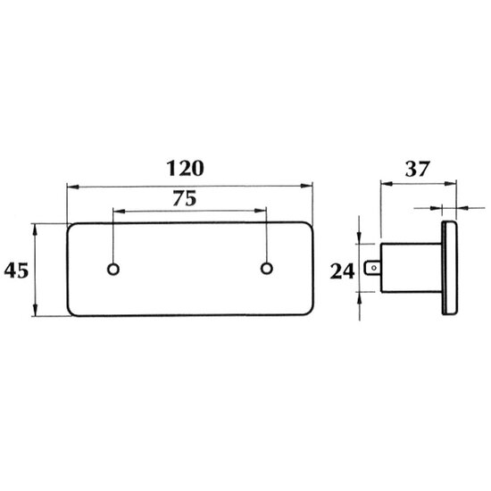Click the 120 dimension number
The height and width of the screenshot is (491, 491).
pos(185,168)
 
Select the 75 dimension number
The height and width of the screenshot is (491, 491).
pos(185,198)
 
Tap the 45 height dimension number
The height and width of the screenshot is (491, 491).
pos(16,270)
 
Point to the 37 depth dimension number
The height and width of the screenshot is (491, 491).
pos(418,169)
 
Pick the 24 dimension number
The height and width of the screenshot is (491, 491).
pos(342,271)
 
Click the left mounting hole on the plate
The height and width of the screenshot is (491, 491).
pos(113,269)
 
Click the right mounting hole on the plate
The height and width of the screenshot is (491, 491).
pos(267,269)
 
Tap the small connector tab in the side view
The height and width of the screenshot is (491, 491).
pos(372,268)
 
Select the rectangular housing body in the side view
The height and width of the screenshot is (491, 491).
pos(412,268)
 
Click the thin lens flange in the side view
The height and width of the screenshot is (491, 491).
pos(450,268)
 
